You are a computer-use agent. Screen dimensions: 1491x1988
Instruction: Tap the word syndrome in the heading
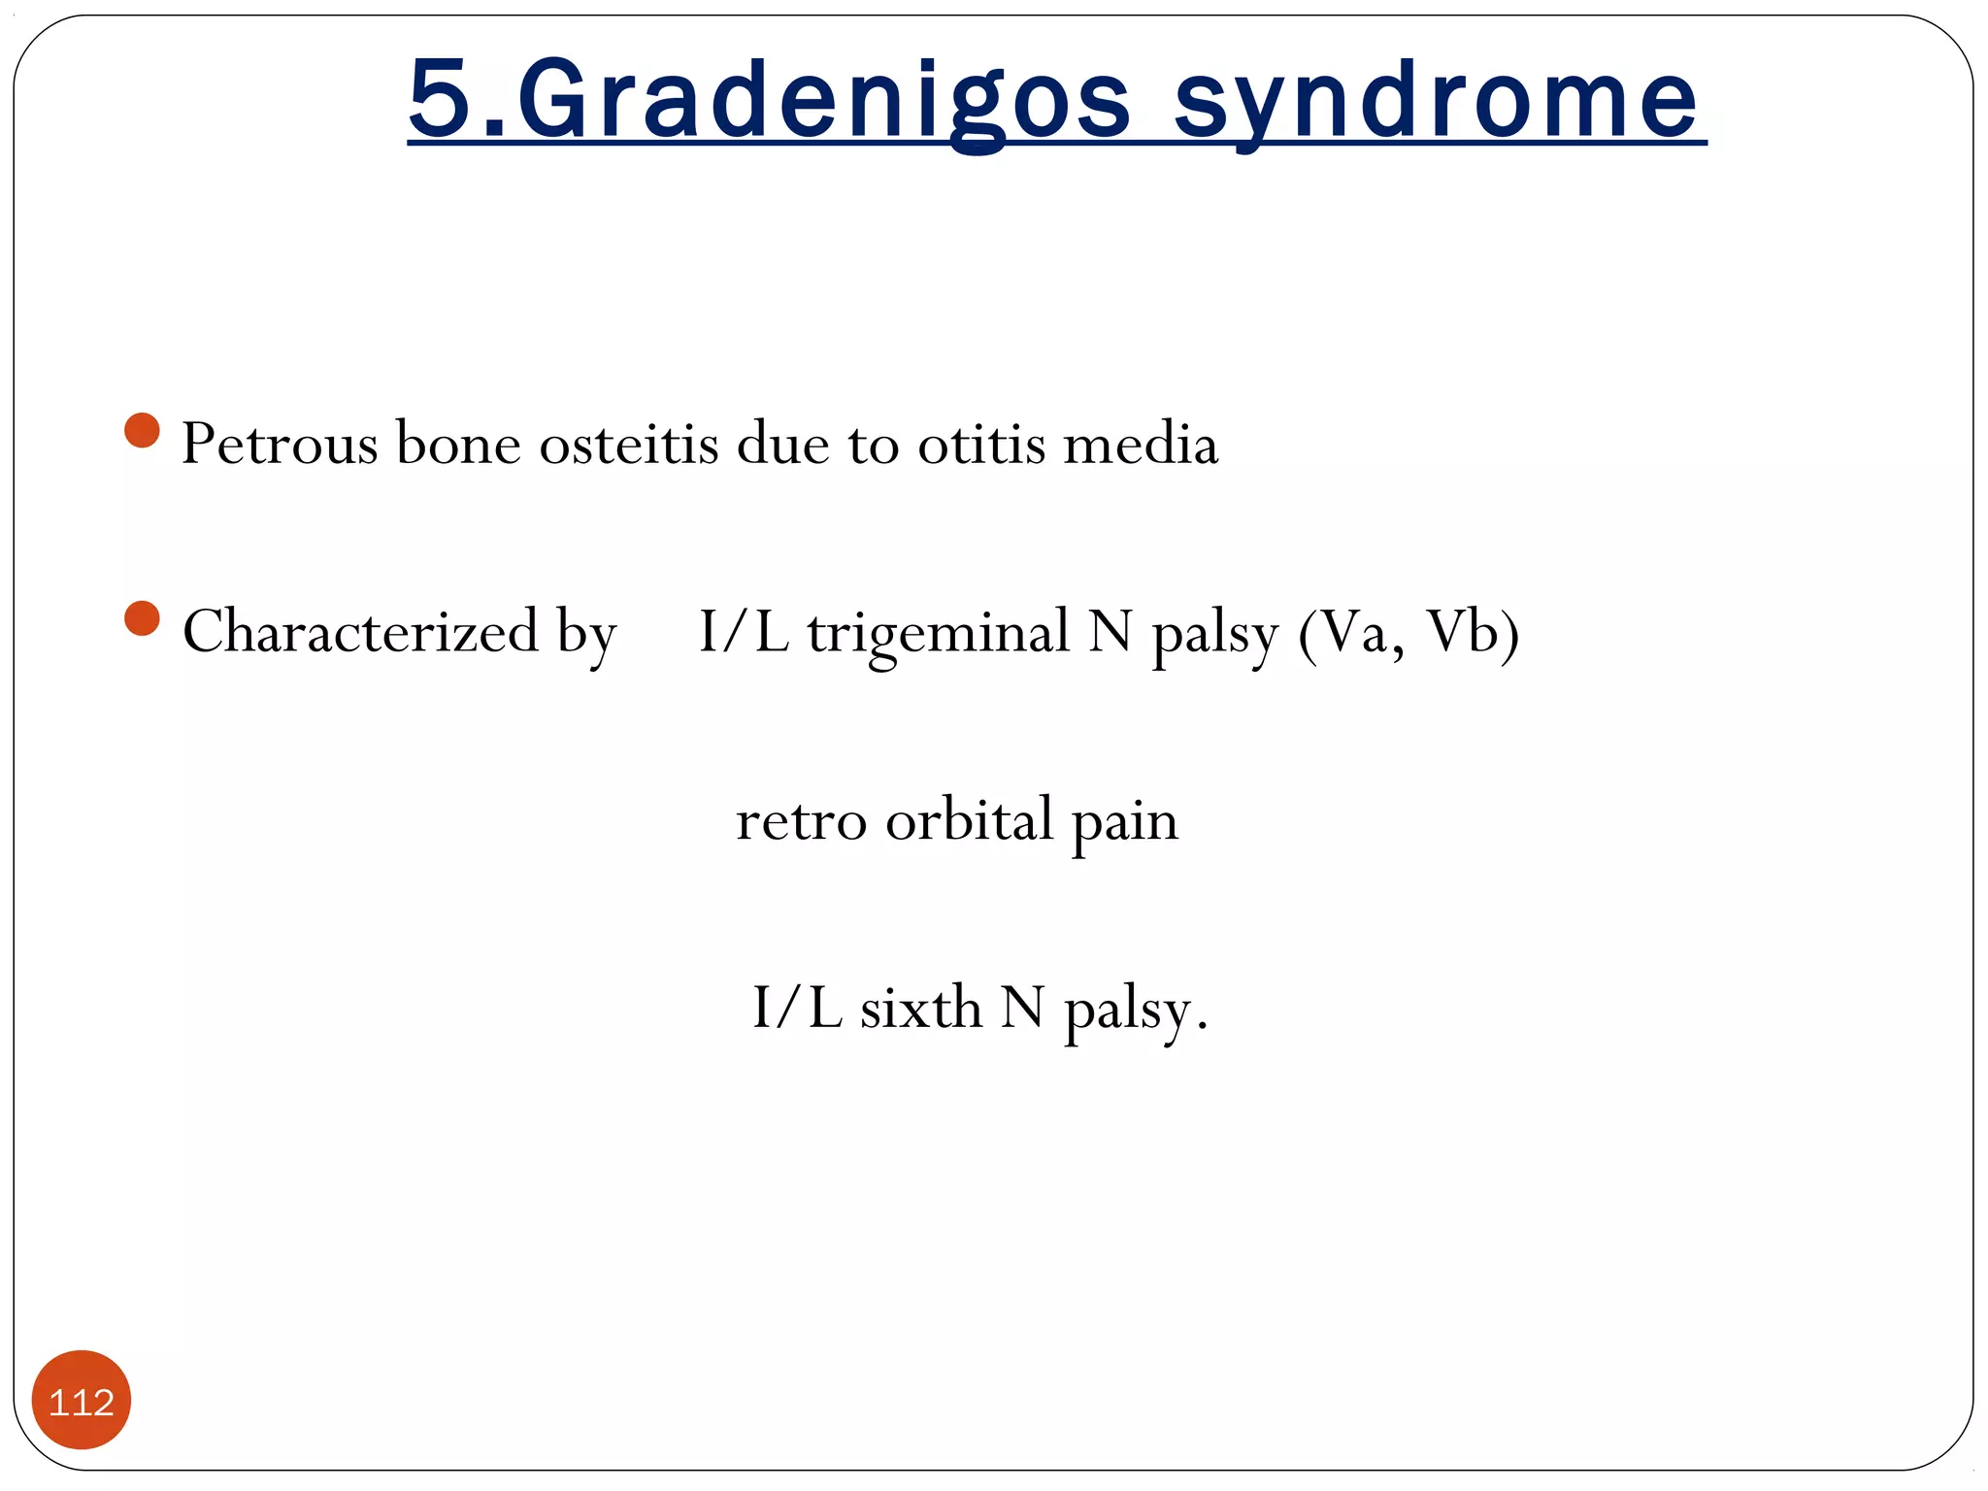pos(1437,100)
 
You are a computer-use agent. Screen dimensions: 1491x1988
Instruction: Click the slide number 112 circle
pos(82,1401)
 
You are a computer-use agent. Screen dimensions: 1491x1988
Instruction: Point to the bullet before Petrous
pos(143,431)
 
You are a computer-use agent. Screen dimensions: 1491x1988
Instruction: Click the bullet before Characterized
pos(143,618)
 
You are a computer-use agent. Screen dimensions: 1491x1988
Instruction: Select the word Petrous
pos(280,445)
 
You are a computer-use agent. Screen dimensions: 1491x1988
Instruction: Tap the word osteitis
pos(629,445)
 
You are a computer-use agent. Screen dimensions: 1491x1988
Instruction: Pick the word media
pos(1141,445)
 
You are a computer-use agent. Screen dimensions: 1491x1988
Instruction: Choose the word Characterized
pos(360,632)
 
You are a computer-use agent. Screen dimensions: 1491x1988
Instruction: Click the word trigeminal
pos(939,633)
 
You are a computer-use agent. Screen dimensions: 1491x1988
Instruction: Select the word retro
pos(801,821)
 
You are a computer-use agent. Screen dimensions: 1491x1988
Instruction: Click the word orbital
pos(969,820)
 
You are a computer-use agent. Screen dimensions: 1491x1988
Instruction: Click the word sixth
pos(920,1008)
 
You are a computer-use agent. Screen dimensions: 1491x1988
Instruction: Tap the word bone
pos(458,445)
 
